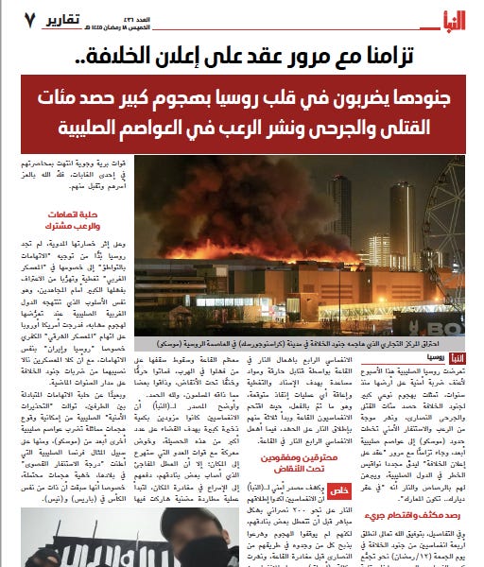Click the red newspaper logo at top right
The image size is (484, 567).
(x=448, y=19)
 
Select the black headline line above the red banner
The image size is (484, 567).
(x=242, y=55)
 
